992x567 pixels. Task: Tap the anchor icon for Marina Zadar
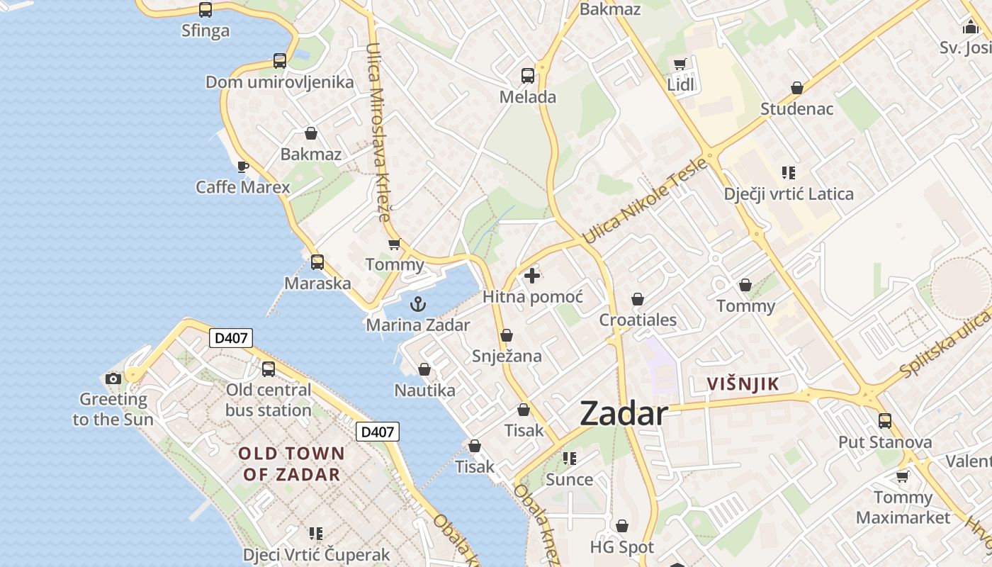pyautogui.click(x=419, y=305)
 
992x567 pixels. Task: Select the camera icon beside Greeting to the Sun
pyautogui.click(x=113, y=378)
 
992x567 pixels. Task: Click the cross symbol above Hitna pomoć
pyautogui.click(x=532, y=276)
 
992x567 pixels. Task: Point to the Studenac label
pyautogui.click(x=797, y=109)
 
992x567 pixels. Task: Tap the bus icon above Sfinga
pyautogui.click(x=205, y=10)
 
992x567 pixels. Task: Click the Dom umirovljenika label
pyautogui.click(x=279, y=82)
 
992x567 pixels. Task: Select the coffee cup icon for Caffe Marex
pyautogui.click(x=242, y=167)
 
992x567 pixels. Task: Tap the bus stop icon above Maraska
pyautogui.click(x=317, y=262)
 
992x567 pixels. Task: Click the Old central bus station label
pyautogui.click(x=269, y=400)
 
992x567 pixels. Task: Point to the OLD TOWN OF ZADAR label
pyautogui.click(x=291, y=464)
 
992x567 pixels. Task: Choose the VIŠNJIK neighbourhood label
pyautogui.click(x=743, y=384)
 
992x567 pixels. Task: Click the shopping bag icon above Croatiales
pyautogui.click(x=638, y=299)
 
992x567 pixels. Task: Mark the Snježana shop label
pyautogui.click(x=507, y=356)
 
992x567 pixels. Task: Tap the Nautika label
pyautogui.click(x=424, y=390)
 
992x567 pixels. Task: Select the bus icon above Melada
pyautogui.click(x=528, y=76)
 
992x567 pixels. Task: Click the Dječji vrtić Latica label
pyautogui.click(x=789, y=193)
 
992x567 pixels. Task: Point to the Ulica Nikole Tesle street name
pyautogui.click(x=645, y=201)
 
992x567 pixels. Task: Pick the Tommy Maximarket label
pyautogui.click(x=903, y=507)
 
